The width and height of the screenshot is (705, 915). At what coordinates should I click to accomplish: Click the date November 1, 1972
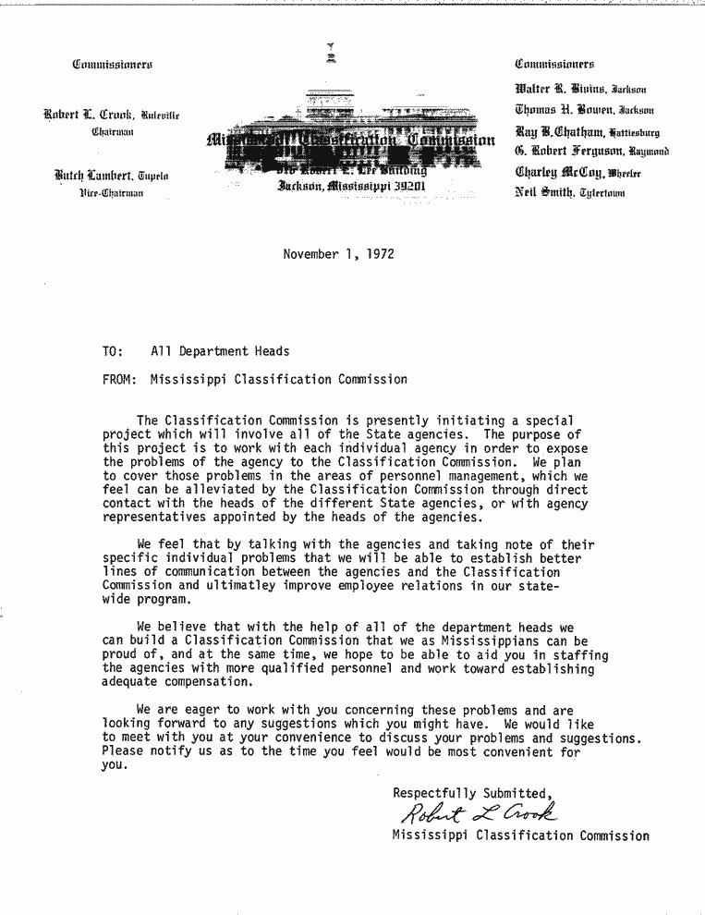(x=338, y=254)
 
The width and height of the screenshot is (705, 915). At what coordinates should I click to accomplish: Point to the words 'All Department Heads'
(x=220, y=351)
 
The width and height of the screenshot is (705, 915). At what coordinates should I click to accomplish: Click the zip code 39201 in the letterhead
(x=408, y=185)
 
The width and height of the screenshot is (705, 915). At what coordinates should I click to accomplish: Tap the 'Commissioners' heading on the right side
(x=554, y=64)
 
